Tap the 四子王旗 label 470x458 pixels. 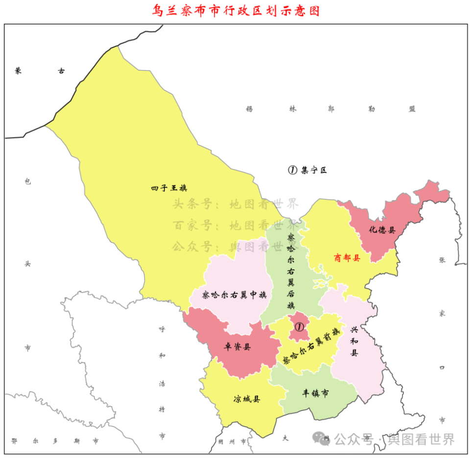coord(169,188)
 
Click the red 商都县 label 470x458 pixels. coord(347,258)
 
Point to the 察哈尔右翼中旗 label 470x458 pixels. coord(234,295)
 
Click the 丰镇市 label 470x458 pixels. coord(315,393)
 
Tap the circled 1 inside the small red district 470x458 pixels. coord(299,326)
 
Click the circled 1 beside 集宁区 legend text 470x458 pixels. coord(292,170)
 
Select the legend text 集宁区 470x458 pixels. coord(314,170)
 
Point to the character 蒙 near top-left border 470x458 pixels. coord(18,71)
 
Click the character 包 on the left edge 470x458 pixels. coord(27,181)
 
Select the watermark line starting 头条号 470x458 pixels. coord(235,204)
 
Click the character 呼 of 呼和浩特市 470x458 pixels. coord(162,329)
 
